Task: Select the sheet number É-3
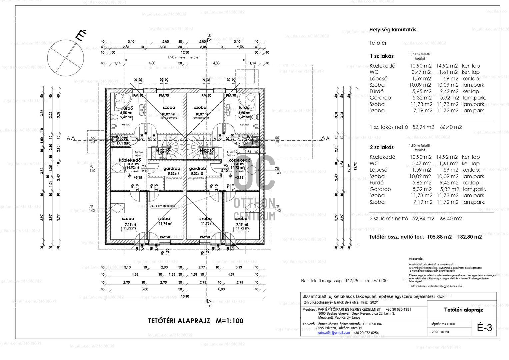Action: click(x=484, y=328)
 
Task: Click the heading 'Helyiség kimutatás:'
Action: click(x=393, y=30)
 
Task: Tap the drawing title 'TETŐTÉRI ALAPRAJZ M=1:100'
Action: click(x=196, y=321)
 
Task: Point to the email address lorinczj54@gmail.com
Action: click(x=333, y=333)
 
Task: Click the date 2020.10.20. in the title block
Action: click(x=440, y=332)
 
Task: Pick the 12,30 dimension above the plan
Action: click(x=185, y=52)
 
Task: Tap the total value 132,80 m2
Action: click(x=470, y=237)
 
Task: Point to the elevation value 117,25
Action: click(x=352, y=281)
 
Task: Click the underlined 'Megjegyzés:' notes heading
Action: click(x=416, y=259)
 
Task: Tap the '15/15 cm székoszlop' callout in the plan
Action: click(x=163, y=206)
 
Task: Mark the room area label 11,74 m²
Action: click(x=165, y=224)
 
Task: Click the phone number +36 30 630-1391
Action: click(x=398, y=309)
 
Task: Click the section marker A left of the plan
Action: click(x=69, y=138)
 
